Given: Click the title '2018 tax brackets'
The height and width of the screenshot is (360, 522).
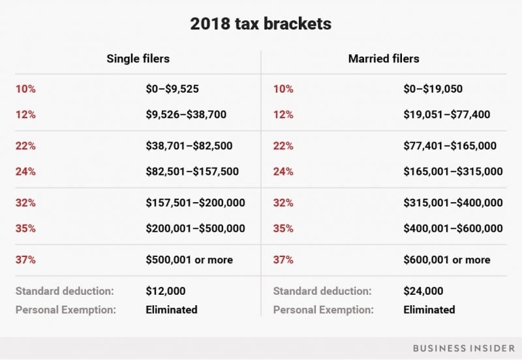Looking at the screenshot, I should (260, 24).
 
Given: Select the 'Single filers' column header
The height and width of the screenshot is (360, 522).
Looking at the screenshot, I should (138, 59).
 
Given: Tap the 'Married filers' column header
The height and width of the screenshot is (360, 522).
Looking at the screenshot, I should (384, 59).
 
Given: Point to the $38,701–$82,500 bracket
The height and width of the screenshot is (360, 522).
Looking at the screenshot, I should (189, 146).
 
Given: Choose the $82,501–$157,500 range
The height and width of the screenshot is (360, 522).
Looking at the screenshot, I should (192, 172).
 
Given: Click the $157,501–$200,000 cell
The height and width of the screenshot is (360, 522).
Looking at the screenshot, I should (195, 203).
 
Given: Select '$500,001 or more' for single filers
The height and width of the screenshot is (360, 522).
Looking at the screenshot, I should (189, 260).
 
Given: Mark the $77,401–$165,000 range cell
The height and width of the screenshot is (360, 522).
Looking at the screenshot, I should (450, 146).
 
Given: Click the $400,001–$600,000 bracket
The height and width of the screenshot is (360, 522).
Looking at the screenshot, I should (453, 228).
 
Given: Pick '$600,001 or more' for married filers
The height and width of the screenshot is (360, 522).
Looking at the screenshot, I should (446, 260).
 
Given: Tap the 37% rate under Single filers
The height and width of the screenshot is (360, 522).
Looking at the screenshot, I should (25, 260).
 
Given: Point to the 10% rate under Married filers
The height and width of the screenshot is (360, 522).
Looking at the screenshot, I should (283, 89).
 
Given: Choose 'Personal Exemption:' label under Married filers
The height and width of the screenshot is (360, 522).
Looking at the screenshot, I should (324, 310).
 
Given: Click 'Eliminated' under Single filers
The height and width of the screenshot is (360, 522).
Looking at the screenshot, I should (171, 310).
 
